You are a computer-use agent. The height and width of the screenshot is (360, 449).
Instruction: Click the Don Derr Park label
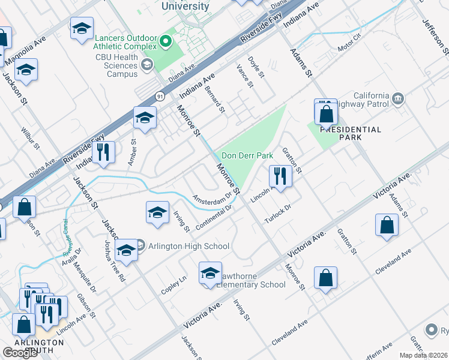coord(247,155)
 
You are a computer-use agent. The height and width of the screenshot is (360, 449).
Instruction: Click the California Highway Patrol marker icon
coord(397,98)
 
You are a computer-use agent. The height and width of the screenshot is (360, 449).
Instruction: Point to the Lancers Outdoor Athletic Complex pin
coord(166,41)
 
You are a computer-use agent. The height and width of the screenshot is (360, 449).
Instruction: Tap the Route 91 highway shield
coord(159,95)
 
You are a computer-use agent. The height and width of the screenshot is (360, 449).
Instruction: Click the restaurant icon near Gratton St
coord(280,175)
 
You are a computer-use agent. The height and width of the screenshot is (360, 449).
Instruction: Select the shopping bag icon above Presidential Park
coord(325,112)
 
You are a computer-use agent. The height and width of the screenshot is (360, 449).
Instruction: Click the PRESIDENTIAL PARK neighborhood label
coord(350,133)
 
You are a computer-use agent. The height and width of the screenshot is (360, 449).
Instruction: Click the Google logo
coord(20,353)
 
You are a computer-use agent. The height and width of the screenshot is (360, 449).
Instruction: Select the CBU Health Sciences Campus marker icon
coord(146,65)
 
